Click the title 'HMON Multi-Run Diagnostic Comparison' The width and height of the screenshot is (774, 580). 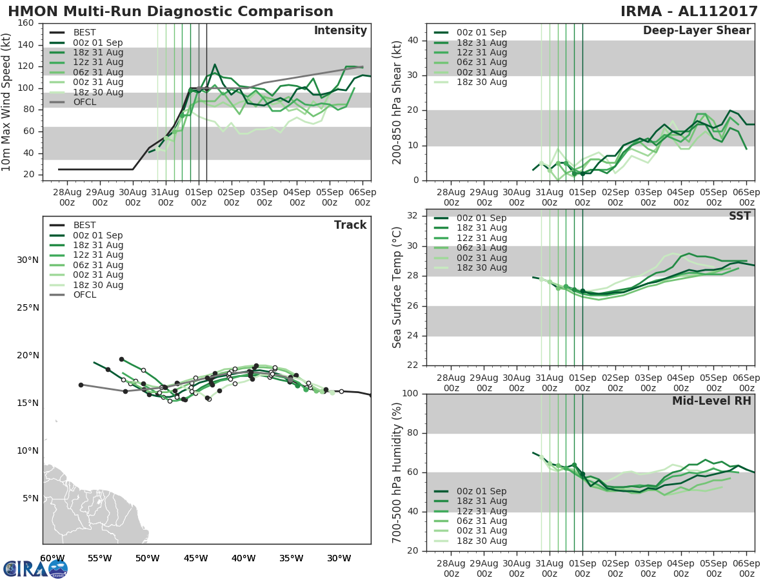pos(170,12)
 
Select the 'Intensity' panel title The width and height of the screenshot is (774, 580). pos(340,31)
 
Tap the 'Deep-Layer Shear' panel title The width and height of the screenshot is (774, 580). pos(697,31)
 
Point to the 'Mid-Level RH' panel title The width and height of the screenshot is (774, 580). pos(711,401)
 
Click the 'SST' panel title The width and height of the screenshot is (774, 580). pos(740,217)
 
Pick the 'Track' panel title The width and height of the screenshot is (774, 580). pos(350,225)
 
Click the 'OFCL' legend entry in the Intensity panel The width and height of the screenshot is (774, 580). pos(84,102)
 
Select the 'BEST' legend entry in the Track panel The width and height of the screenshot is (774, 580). pos(84,226)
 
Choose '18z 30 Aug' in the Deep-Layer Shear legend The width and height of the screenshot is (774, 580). pos(481,82)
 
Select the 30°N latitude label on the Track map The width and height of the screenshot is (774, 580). pos(27,260)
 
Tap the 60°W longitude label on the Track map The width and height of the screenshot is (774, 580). pos(52,558)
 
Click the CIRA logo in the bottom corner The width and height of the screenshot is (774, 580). pos(35,568)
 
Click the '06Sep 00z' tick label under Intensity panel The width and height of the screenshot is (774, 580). pos(362,197)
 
